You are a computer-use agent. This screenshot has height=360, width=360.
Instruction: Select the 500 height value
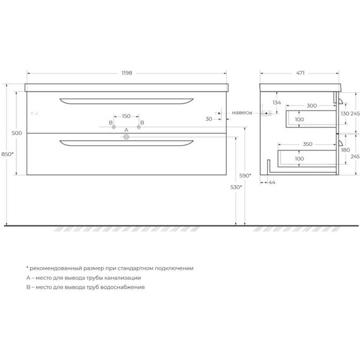[x=17, y=133]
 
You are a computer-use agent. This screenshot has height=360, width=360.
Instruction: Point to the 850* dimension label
[x=8, y=154]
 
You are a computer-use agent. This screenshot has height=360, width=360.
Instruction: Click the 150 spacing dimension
[x=126, y=116]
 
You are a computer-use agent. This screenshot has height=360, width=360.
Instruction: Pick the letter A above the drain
[x=126, y=129]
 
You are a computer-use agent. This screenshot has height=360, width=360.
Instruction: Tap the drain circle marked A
[x=126, y=136]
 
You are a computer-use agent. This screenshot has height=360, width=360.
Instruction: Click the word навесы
[x=242, y=113]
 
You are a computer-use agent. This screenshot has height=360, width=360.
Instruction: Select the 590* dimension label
[x=245, y=175]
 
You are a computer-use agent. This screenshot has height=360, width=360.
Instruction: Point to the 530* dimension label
[x=236, y=188]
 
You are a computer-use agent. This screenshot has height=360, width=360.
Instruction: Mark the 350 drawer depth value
[x=308, y=144]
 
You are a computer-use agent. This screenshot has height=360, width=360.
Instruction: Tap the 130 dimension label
[x=344, y=113]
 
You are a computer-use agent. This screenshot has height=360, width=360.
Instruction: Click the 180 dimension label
[x=345, y=150]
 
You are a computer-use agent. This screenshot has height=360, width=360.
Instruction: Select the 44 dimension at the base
[x=272, y=183]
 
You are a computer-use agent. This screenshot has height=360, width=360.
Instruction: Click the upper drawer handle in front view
[x=126, y=100]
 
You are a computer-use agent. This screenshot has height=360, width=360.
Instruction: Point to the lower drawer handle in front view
[x=126, y=145]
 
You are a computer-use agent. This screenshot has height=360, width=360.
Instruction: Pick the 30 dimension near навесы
[x=208, y=118]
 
